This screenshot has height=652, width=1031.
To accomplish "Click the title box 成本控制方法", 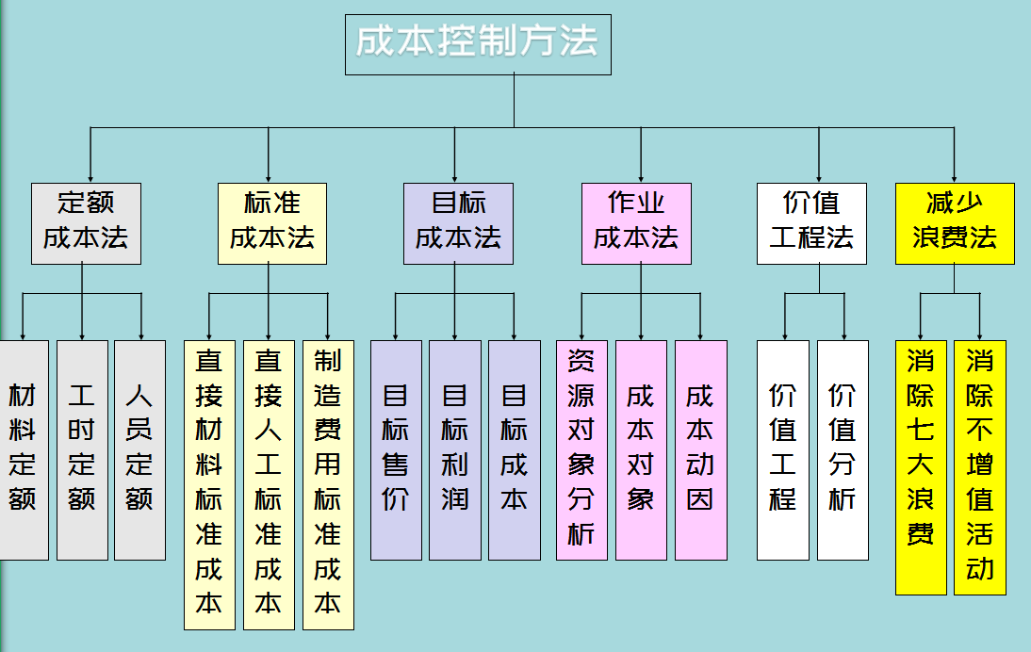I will pyautogui.click(x=478, y=44).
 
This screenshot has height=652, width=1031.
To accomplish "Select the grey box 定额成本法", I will pyautogui.click(x=86, y=223).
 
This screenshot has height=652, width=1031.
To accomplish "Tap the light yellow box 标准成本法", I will pyautogui.click(x=271, y=223).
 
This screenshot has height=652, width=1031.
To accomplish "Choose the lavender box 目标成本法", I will pyautogui.click(x=458, y=223).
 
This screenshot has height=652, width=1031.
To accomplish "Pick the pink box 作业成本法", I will pyautogui.click(x=635, y=223).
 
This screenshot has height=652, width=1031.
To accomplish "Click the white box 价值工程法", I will pyautogui.click(x=811, y=223).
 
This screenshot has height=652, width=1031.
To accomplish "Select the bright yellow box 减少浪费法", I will pyautogui.click(x=955, y=223).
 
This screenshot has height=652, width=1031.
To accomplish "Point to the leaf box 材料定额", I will pyautogui.click(x=23, y=449).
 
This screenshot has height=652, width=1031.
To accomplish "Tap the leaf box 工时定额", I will pyautogui.click(x=82, y=449).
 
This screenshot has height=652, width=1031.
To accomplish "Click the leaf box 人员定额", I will pyautogui.click(x=139, y=449).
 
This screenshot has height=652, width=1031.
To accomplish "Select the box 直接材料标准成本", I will pyautogui.click(x=209, y=484).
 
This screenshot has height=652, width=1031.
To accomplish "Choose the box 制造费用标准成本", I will pyautogui.click(x=328, y=484).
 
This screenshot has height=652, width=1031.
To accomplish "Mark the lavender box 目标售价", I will pyautogui.click(x=396, y=449).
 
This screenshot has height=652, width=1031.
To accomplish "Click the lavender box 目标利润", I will pyautogui.click(x=455, y=449).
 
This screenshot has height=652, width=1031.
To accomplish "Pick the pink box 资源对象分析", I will pyautogui.click(x=581, y=449).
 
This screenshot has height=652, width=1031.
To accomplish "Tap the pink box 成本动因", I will pyautogui.click(x=700, y=449).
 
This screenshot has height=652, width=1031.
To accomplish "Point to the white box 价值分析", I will pyautogui.click(x=843, y=449).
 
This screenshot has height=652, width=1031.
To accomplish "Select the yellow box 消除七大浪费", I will pyautogui.click(x=921, y=467).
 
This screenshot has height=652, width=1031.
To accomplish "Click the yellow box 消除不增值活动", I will pyautogui.click(x=980, y=467).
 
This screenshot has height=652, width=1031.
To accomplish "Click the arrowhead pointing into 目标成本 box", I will pyautogui.click(x=515, y=334).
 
